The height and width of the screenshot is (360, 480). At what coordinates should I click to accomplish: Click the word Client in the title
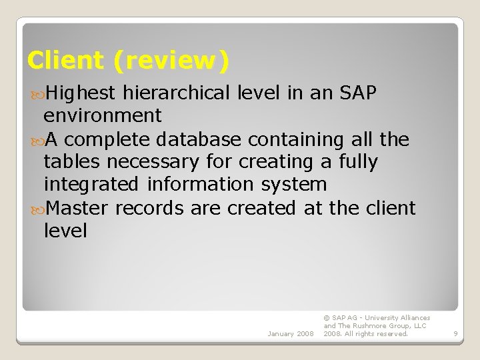[x=65, y=61]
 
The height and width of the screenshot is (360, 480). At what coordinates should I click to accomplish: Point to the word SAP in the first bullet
[x=359, y=93]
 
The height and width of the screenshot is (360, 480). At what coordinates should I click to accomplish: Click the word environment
[x=102, y=115]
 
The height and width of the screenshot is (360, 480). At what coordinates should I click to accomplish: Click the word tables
[x=71, y=161]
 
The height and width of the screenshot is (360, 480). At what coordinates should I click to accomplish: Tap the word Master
[x=78, y=207]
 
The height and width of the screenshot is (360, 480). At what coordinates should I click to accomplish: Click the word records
[x=150, y=207]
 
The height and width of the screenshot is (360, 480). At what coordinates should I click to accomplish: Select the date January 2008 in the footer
[x=289, y=333]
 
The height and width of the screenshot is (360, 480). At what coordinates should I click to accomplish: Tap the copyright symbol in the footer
[x=327, y=318]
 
